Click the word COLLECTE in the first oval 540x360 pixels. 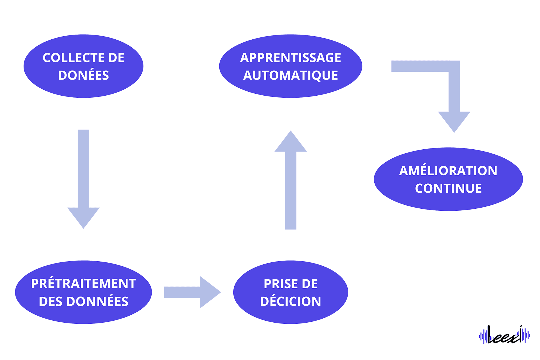tap(74, 58)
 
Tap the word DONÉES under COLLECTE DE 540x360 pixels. tap(84, 75)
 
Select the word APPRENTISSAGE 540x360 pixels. tap(291, 58)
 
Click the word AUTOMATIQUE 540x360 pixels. tap(291, 75)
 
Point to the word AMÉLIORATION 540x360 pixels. tap(448, 171)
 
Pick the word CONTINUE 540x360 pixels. tap(448, 188)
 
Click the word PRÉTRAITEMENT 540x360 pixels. tap(84, 283)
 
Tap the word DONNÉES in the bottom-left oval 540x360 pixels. tap(97, 301)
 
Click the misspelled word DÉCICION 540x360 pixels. tap(291, 301)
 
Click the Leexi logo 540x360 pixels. tap(505, 335)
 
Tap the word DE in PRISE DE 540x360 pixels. tap(310, 284)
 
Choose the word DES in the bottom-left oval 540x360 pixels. tap(51, 301)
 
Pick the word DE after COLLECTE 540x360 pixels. tap(116, 58)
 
